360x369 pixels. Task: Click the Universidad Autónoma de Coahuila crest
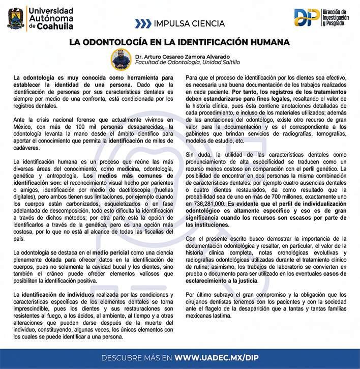pyautogui.click(x=15, y=18)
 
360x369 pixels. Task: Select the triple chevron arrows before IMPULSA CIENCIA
pyautogui.click(x=143, y=23)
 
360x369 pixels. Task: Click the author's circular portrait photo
pyautogui.click(x=121, y=59)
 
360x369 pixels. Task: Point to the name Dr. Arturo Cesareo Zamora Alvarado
pyautogui.click(x=183, y=55)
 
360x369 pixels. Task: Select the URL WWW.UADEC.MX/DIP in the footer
pyautogui.click(x=216, y=357)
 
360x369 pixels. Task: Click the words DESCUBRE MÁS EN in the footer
pyautogui.click(x=137, y=357)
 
